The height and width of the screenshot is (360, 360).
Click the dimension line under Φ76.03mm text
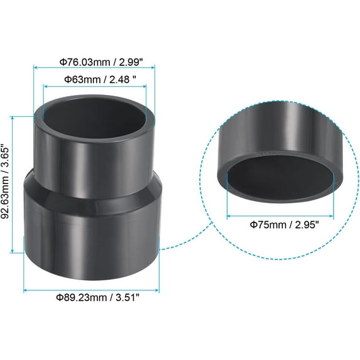point(94,69)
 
